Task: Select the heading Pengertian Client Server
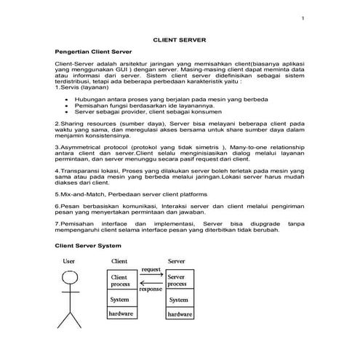pos(90,53)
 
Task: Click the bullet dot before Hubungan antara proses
pos(67,97)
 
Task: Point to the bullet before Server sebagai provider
pos(67,112)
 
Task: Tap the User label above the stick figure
pos(68,260)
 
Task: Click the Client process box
pos(121,281)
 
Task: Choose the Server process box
pos(178,281)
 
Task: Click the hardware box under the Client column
pos(121,313)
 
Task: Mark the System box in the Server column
pos(178,299)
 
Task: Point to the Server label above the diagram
pos(176,260)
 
